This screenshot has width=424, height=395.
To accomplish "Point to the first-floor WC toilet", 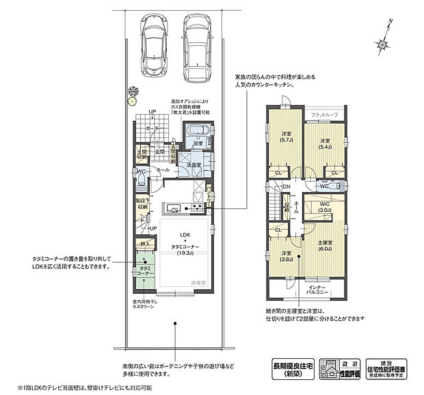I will (x=141, y=179).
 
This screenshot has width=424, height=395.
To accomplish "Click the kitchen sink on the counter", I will (x=175, y=208).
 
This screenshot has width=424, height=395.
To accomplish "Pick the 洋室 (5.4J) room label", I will (x=326, y=144).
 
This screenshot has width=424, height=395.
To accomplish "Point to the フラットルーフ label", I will (x=323, y=114).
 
